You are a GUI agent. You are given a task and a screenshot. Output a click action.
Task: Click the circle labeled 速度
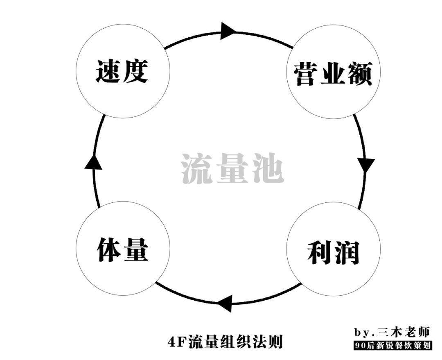click(122, 71)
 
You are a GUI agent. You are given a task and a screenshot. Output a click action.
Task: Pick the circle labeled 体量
click(122, 249)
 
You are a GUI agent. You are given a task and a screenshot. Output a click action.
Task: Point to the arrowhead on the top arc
click(228, 31)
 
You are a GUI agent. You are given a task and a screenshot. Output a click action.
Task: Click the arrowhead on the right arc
click(366, 164)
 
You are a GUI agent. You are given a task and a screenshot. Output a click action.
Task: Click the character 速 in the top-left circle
click(108, 72)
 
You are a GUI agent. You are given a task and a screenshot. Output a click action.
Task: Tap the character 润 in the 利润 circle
click(346, 253)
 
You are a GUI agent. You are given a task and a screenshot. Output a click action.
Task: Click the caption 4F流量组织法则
click(225, 341)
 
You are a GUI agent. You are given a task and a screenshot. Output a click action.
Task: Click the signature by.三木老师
click(392, 331)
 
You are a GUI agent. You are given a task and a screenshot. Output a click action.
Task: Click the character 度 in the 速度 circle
click(135, 72)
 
